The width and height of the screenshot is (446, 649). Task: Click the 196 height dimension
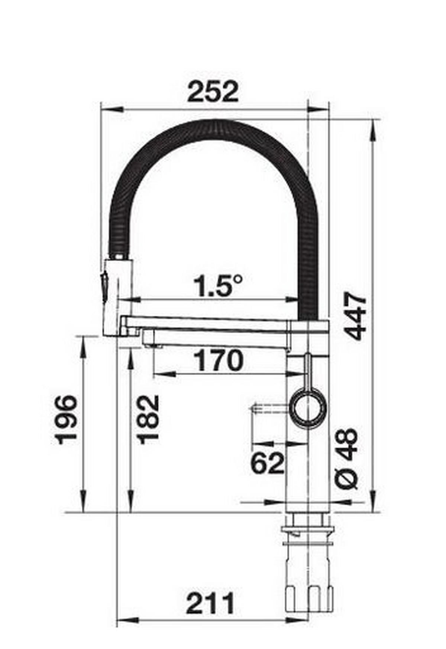(x=66, y=419)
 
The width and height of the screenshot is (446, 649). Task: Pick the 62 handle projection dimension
(x=267, y=462)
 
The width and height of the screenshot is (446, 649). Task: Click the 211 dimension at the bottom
(x=211, y=603)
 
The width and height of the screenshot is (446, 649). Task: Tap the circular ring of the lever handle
(x=308, y=408)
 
